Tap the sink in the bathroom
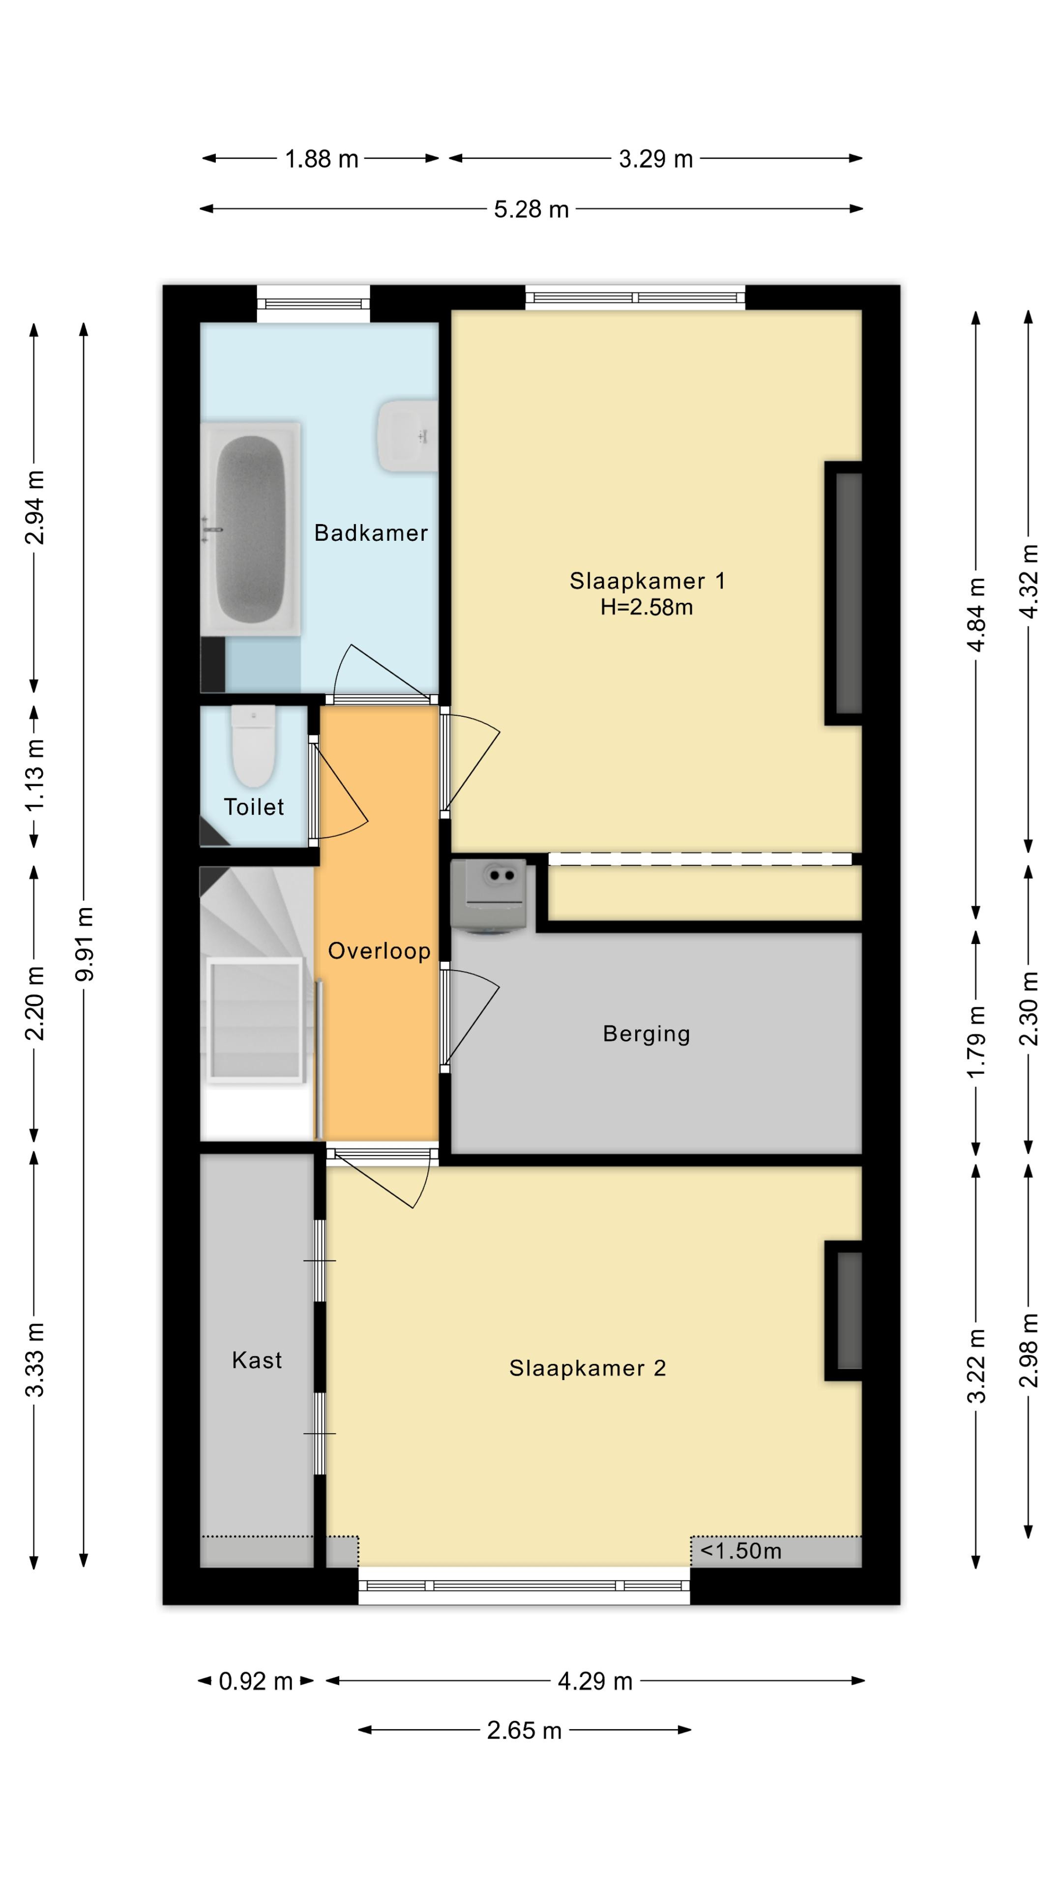(408, 435)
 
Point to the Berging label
(647, 1033)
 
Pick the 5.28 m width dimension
(531, 209)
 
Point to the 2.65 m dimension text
(524, 1731)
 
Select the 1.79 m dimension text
(976, 1042)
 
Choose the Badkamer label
(371, 533)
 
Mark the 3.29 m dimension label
(656, 159)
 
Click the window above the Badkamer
(313, 303)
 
